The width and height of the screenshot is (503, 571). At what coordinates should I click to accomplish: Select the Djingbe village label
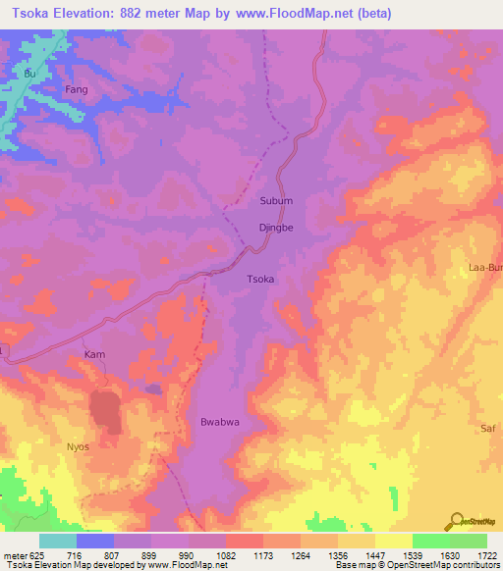(x=276, y=227)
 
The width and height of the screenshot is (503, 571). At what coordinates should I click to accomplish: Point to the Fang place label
(x=77, y=89)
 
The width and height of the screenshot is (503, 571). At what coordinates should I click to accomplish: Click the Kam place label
(x=94, y=354)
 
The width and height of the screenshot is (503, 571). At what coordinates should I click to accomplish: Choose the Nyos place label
(x=79, y=446)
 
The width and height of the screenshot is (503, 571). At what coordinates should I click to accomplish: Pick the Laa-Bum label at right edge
(x=486, y=267)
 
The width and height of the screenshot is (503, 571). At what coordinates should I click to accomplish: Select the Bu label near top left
(x=28, y=74)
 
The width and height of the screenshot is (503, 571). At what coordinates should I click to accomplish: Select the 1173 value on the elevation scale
(x=251, y=554)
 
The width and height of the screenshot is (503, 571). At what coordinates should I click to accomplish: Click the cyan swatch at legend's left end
(x=58, y=541)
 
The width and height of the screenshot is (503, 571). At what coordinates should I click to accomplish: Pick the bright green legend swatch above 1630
(x=430, y=541)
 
